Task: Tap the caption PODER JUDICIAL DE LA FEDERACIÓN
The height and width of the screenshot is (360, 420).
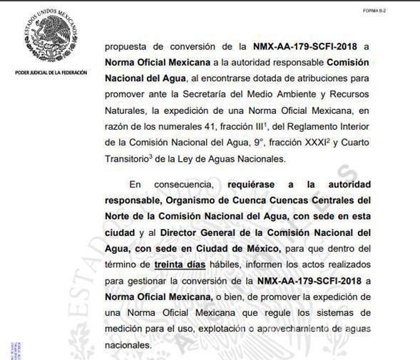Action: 51,73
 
